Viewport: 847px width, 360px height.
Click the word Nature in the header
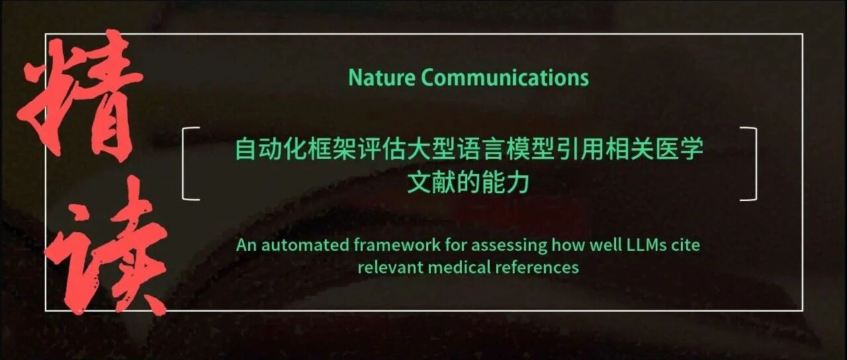(x=382, y=77)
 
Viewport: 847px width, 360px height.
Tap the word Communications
(x=505, y=77)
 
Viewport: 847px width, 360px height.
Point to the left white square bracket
(x=183, y=163)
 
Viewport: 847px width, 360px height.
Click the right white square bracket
(x=756, y=163)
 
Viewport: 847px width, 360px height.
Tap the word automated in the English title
(x=306, y=245)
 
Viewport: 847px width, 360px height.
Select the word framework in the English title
(x=397, y=245)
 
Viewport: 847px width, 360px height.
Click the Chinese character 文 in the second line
(x=419, y=183)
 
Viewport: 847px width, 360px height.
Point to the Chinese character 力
(x=517, y=183)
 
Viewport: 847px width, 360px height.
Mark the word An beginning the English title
(x=247, y=245)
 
